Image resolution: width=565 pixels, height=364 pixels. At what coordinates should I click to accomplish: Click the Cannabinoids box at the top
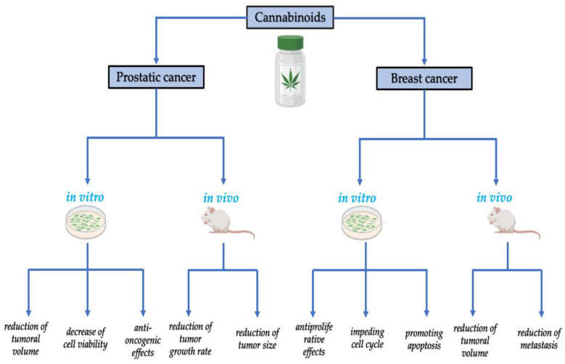[x=282, y=15]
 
